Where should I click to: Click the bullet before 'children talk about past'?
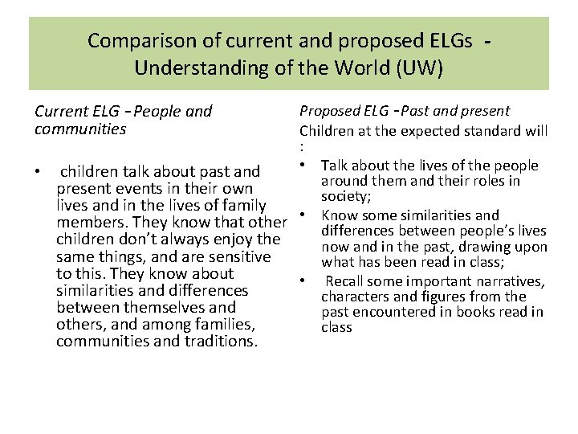[39, 171]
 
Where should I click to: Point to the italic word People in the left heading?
[157, 112]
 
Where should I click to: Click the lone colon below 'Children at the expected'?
[302, 147]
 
